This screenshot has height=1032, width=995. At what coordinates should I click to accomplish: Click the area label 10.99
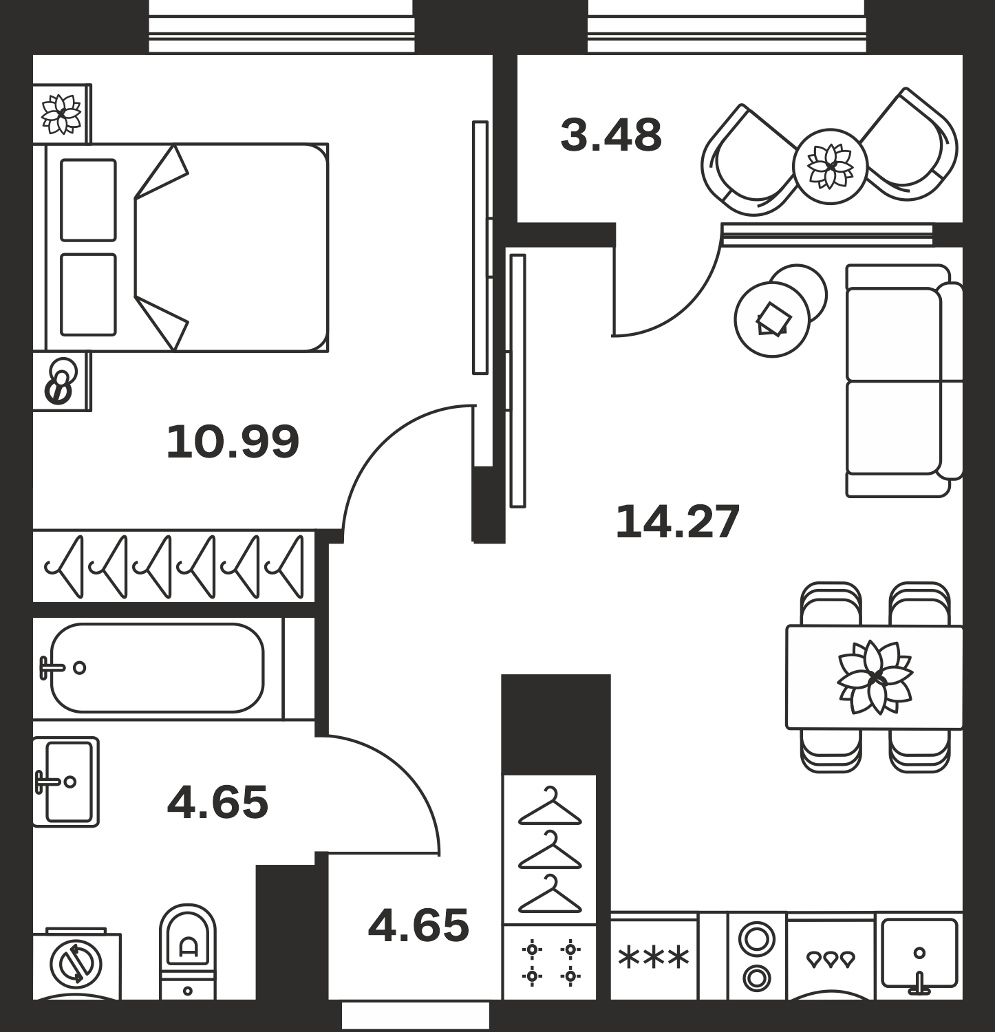click(233, 442)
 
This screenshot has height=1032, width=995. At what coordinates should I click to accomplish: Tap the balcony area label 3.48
click(611, 136)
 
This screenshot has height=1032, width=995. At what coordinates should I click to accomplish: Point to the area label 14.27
click(677, 522)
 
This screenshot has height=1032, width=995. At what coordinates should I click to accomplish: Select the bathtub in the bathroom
click(157, 667)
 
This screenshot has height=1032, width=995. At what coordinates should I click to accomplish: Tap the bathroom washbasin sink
click(66, 782)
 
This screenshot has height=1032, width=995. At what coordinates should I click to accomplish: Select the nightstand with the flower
click(62, 114)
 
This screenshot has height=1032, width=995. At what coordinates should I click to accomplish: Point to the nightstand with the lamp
click(62, 381)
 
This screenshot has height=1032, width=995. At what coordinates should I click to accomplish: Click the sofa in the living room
click(904, 380)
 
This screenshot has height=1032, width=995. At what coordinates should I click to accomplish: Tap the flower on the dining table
click(875, 678)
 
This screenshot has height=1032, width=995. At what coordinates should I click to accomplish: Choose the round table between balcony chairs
click(830, 166)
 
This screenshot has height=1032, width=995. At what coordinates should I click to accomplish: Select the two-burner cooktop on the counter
click(757, 957)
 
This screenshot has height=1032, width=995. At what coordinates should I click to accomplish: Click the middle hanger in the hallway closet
click(550, 850)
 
